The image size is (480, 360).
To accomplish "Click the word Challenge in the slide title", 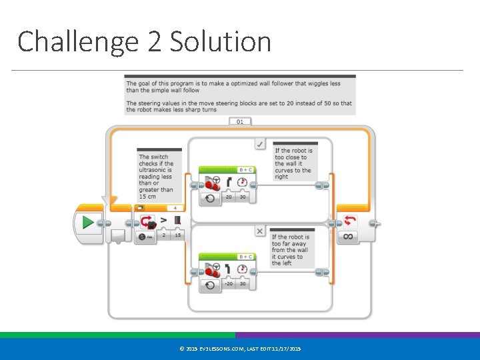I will (77, 41).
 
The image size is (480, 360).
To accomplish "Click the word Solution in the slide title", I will (220, 41).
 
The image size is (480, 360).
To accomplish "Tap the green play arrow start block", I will (87, 223).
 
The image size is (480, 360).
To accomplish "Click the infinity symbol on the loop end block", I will (349, 236).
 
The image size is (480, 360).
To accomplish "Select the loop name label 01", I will (240, 122).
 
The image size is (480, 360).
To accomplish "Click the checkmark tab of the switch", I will (260, 143).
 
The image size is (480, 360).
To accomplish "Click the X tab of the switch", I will (260, 231).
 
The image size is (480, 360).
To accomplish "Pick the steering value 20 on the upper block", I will (229, 197).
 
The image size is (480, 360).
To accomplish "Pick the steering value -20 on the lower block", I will (228, 283).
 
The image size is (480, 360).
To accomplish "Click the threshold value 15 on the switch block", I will (177, 235).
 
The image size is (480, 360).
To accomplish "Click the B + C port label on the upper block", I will (245, 170).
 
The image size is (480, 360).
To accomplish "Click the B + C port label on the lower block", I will (245, 257).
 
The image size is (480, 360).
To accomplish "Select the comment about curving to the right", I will (294, 163).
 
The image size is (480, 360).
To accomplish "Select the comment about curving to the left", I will (291, 249).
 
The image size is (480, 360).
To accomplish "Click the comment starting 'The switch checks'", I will (157, 176).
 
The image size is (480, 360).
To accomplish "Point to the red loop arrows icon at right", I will (349, 221).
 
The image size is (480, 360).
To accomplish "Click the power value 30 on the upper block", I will (243, 197).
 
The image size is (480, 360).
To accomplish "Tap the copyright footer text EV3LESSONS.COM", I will (240, 349).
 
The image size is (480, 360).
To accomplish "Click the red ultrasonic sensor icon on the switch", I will (147, 222).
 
